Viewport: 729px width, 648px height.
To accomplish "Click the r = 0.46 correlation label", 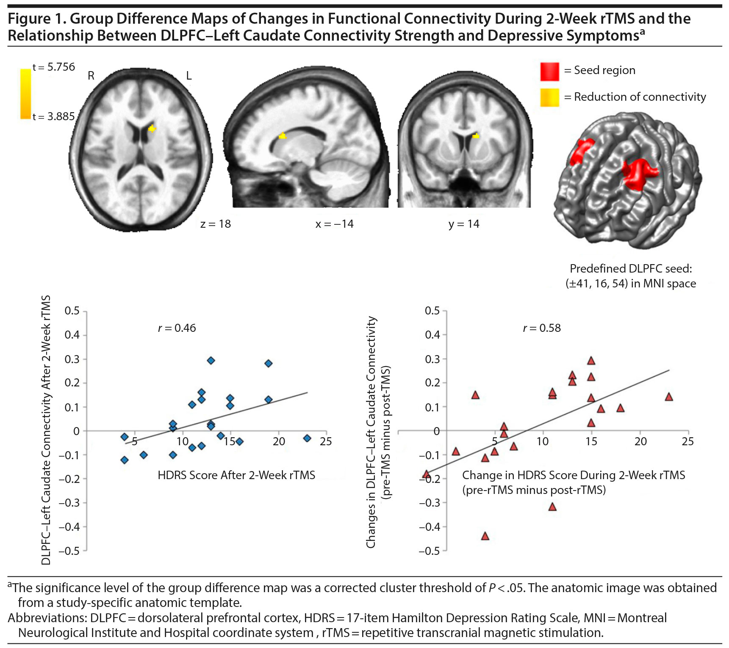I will [177, 328].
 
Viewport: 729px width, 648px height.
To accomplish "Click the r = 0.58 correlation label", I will [542, 328].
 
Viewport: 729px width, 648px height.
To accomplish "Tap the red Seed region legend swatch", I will [549, 71].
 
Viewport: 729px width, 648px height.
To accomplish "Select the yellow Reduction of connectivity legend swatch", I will [549, 97].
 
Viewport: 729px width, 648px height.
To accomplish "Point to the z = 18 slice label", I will [216, 224].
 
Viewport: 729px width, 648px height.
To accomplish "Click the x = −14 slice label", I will [334, 224].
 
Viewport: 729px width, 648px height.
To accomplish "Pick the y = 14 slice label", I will [464, 224].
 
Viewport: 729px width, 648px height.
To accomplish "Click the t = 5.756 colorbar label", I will [54, 67].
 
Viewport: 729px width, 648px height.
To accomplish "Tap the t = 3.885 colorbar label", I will [54, 116].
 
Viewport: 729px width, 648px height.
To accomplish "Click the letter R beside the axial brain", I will [91, 76].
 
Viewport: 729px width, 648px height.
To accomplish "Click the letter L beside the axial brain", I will [189, 76].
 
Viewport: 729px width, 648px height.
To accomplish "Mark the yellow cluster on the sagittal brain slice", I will [283, 136].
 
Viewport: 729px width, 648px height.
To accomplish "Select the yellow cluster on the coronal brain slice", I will [476, 136].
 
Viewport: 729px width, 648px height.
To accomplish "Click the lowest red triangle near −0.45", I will [485, 536].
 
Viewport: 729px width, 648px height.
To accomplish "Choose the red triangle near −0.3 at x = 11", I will [552, 507].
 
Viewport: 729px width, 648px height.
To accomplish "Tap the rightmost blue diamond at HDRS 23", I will [307, 438].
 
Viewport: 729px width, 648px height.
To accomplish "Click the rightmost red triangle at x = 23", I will [669, 397].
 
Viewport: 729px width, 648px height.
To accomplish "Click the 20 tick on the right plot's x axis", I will [640, 441].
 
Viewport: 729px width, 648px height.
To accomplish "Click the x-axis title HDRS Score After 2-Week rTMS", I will [236, 475].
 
